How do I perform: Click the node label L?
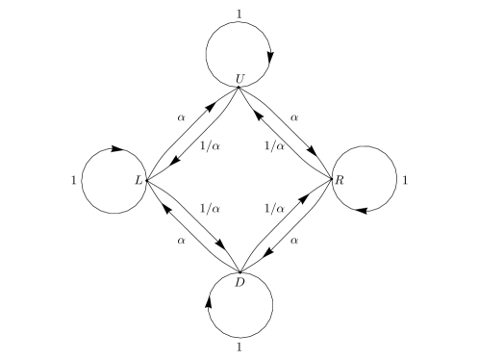click(139, 180)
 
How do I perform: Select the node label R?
click(340, 180)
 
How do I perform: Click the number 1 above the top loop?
click(239, 13)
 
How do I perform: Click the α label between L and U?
click(180, 116)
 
